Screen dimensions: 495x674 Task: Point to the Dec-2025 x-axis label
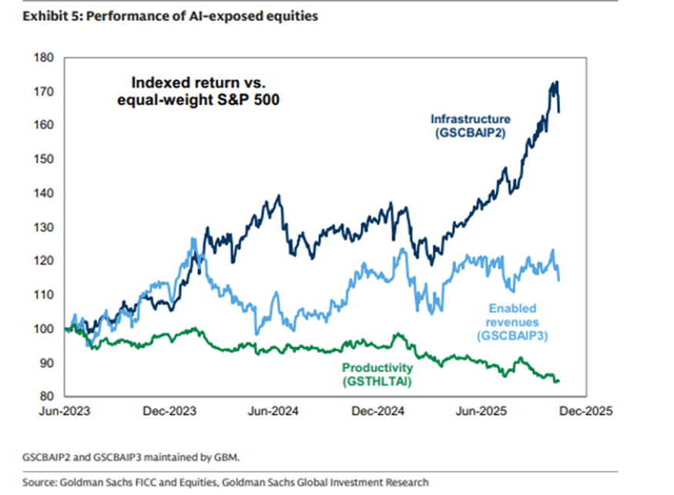[587, 412]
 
